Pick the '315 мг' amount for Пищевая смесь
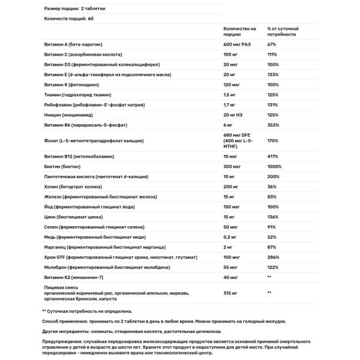point(232,293)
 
